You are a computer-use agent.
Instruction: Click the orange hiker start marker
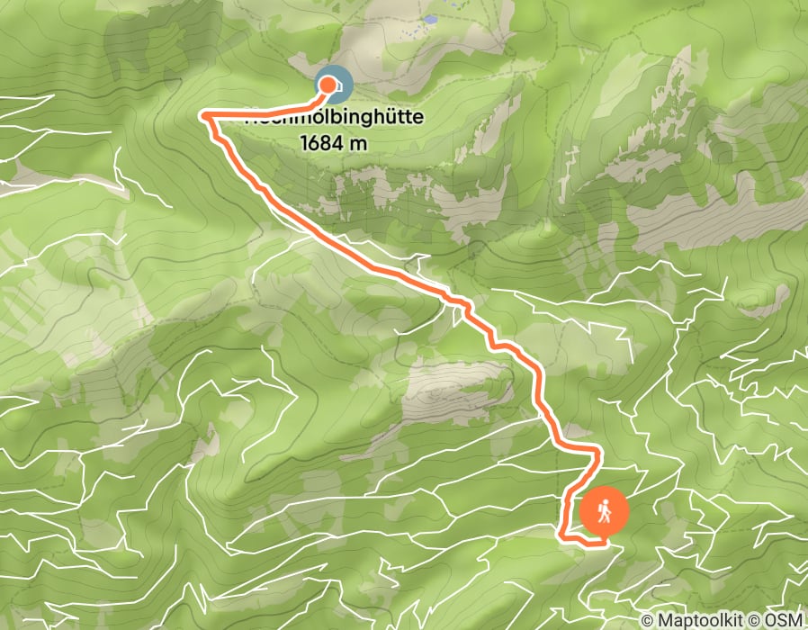[604, 511]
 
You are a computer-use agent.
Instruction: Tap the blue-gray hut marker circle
[332, 84]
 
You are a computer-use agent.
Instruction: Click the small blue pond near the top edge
[430, 19]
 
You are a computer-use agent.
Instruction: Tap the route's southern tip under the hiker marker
[598, 542]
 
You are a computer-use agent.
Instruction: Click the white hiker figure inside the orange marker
[605, 508]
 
